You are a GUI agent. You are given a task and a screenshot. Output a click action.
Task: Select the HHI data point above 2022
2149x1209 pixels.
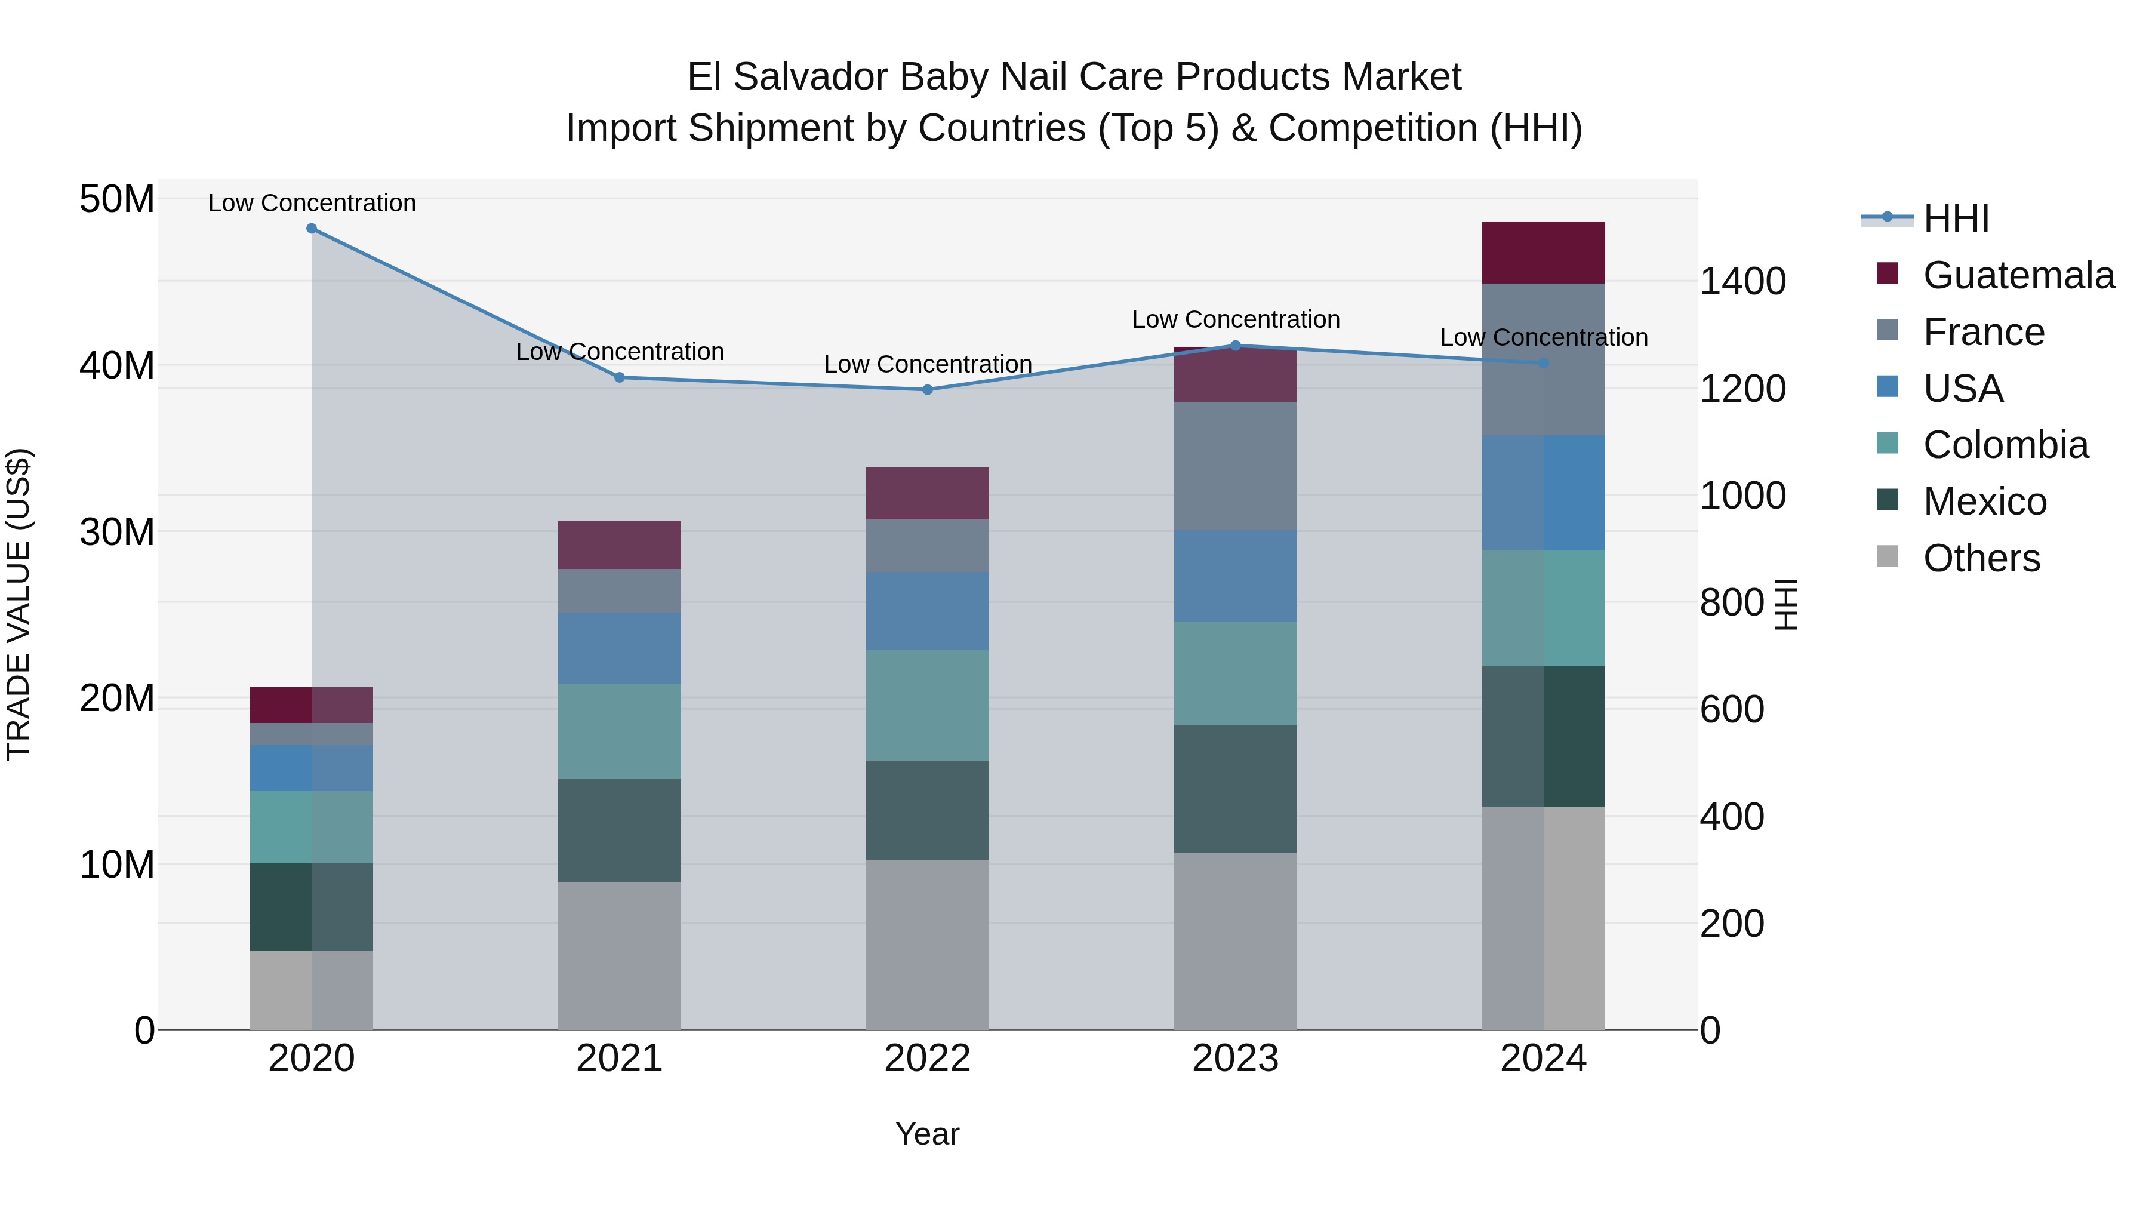click(927, 390)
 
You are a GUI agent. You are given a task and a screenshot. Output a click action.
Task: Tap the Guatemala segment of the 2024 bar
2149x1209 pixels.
click(1543, 253)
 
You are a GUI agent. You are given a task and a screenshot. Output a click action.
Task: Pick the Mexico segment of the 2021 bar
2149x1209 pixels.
click(619, 830)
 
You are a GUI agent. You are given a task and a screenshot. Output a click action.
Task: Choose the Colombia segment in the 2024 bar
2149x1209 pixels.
click(1543, 608)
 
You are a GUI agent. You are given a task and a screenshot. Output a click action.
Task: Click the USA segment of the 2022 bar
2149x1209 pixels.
click(927, 611)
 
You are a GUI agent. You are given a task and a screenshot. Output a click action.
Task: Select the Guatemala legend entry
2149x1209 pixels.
click(2018, 275)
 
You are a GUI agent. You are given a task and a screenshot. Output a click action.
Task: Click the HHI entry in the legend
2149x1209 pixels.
click(1956, 219)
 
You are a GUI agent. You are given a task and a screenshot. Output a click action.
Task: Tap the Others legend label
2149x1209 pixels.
click(1981, 558)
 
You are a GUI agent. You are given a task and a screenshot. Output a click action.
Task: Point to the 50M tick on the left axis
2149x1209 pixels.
click(117, 199)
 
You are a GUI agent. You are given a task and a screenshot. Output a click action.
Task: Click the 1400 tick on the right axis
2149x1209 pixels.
click(1742, 281)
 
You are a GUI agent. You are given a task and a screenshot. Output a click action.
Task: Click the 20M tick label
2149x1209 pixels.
click(117, 697)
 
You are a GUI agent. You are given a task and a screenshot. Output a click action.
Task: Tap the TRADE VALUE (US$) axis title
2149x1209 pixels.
click(19, 604)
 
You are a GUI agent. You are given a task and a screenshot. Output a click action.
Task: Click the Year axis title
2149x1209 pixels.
click(927, 1134)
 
